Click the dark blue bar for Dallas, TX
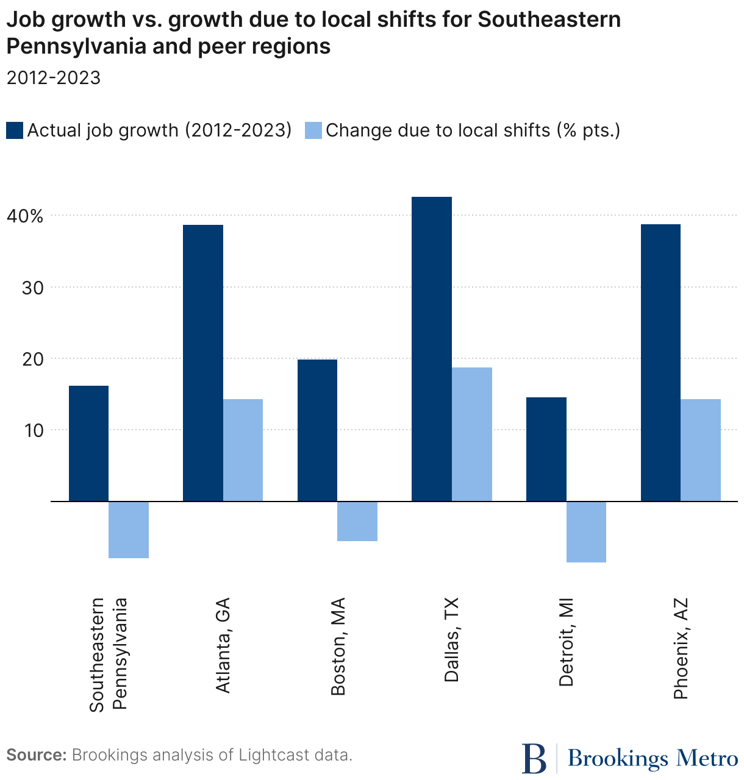click(x=432, y=349)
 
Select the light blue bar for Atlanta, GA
click(x=243, y=450)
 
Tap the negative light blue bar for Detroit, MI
click(x=586, y=531)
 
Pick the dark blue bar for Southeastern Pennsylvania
click(x=88, y=443)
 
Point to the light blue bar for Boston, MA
click(x=357, y=521)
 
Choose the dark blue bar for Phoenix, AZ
click(x=660, y=363)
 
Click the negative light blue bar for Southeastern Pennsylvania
click(x=129, y=530)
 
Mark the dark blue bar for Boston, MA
click(x=317, y=430)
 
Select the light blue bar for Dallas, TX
click(x=472, y=434)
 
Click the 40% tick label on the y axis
click(x=26, y=216)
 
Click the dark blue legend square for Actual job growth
click(x=15, y=130)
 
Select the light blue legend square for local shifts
click(x=313, y=130)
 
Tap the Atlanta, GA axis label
click(x=223, y=645)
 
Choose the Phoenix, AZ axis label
click(x=681, y=648)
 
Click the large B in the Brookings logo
click(x=535, y=758)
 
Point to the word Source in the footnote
click(x=36, y=755)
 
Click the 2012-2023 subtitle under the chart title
click(x=53, y=78)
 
